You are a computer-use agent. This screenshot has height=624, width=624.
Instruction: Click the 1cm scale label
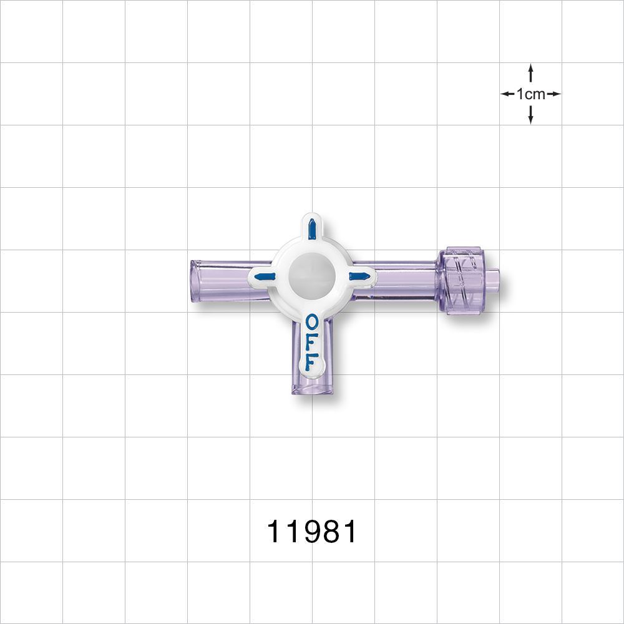tap(530, 94)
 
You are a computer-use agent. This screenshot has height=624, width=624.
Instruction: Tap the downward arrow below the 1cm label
tap(530, 115)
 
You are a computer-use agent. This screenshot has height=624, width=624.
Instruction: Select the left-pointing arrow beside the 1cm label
tap(507, 94)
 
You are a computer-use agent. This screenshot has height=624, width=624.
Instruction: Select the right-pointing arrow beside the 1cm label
tap(554, 94)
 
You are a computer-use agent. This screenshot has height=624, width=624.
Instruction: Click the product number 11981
tap(312, 532)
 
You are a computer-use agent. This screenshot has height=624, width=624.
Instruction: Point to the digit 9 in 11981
tap(312, 532)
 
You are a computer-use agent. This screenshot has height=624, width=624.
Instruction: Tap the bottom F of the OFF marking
tap(310, 361)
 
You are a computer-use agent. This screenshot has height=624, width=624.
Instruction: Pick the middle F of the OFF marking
tap(311, 342)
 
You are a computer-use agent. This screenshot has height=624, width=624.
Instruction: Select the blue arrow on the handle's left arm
tap(265, 276)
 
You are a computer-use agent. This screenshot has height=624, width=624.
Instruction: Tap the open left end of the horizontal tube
tap(194, 282)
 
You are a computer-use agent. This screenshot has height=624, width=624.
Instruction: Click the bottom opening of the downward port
tap(312, 391)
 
